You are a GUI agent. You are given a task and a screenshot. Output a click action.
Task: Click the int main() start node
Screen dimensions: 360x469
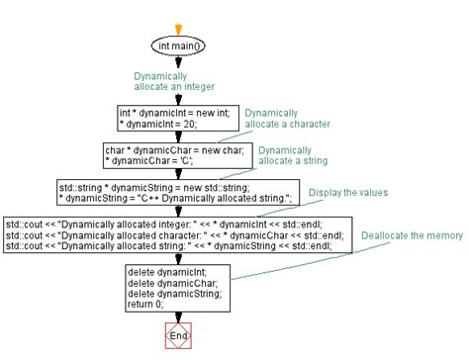(x=178, y=45)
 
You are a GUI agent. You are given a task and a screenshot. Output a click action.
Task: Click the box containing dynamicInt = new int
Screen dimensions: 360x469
(x=178, y=119)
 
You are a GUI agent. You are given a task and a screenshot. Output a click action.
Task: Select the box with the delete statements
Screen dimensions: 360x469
(x=178, y=287)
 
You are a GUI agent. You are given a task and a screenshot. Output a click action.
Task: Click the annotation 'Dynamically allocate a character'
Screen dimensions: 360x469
(x=287, y=119)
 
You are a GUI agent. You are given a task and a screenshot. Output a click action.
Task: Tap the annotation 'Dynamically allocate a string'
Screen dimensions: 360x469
(x=293, y=155)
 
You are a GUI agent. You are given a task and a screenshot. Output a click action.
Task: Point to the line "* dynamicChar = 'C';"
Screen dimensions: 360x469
(x=150, y=161)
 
